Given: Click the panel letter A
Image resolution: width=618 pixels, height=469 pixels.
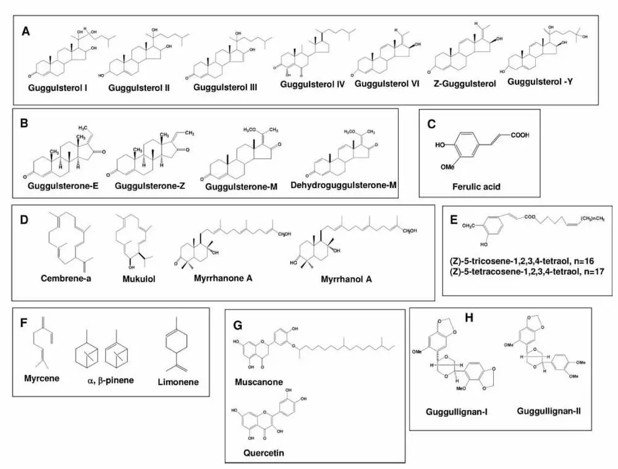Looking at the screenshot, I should point(26,31).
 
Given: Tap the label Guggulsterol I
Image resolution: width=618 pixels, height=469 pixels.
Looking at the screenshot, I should point(57,88).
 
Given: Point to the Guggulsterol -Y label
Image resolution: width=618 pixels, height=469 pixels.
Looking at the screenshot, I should point(540,81).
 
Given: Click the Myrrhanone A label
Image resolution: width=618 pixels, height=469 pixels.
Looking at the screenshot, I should point(220,278).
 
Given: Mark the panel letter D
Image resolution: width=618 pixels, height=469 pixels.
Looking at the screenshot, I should point(25,219).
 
